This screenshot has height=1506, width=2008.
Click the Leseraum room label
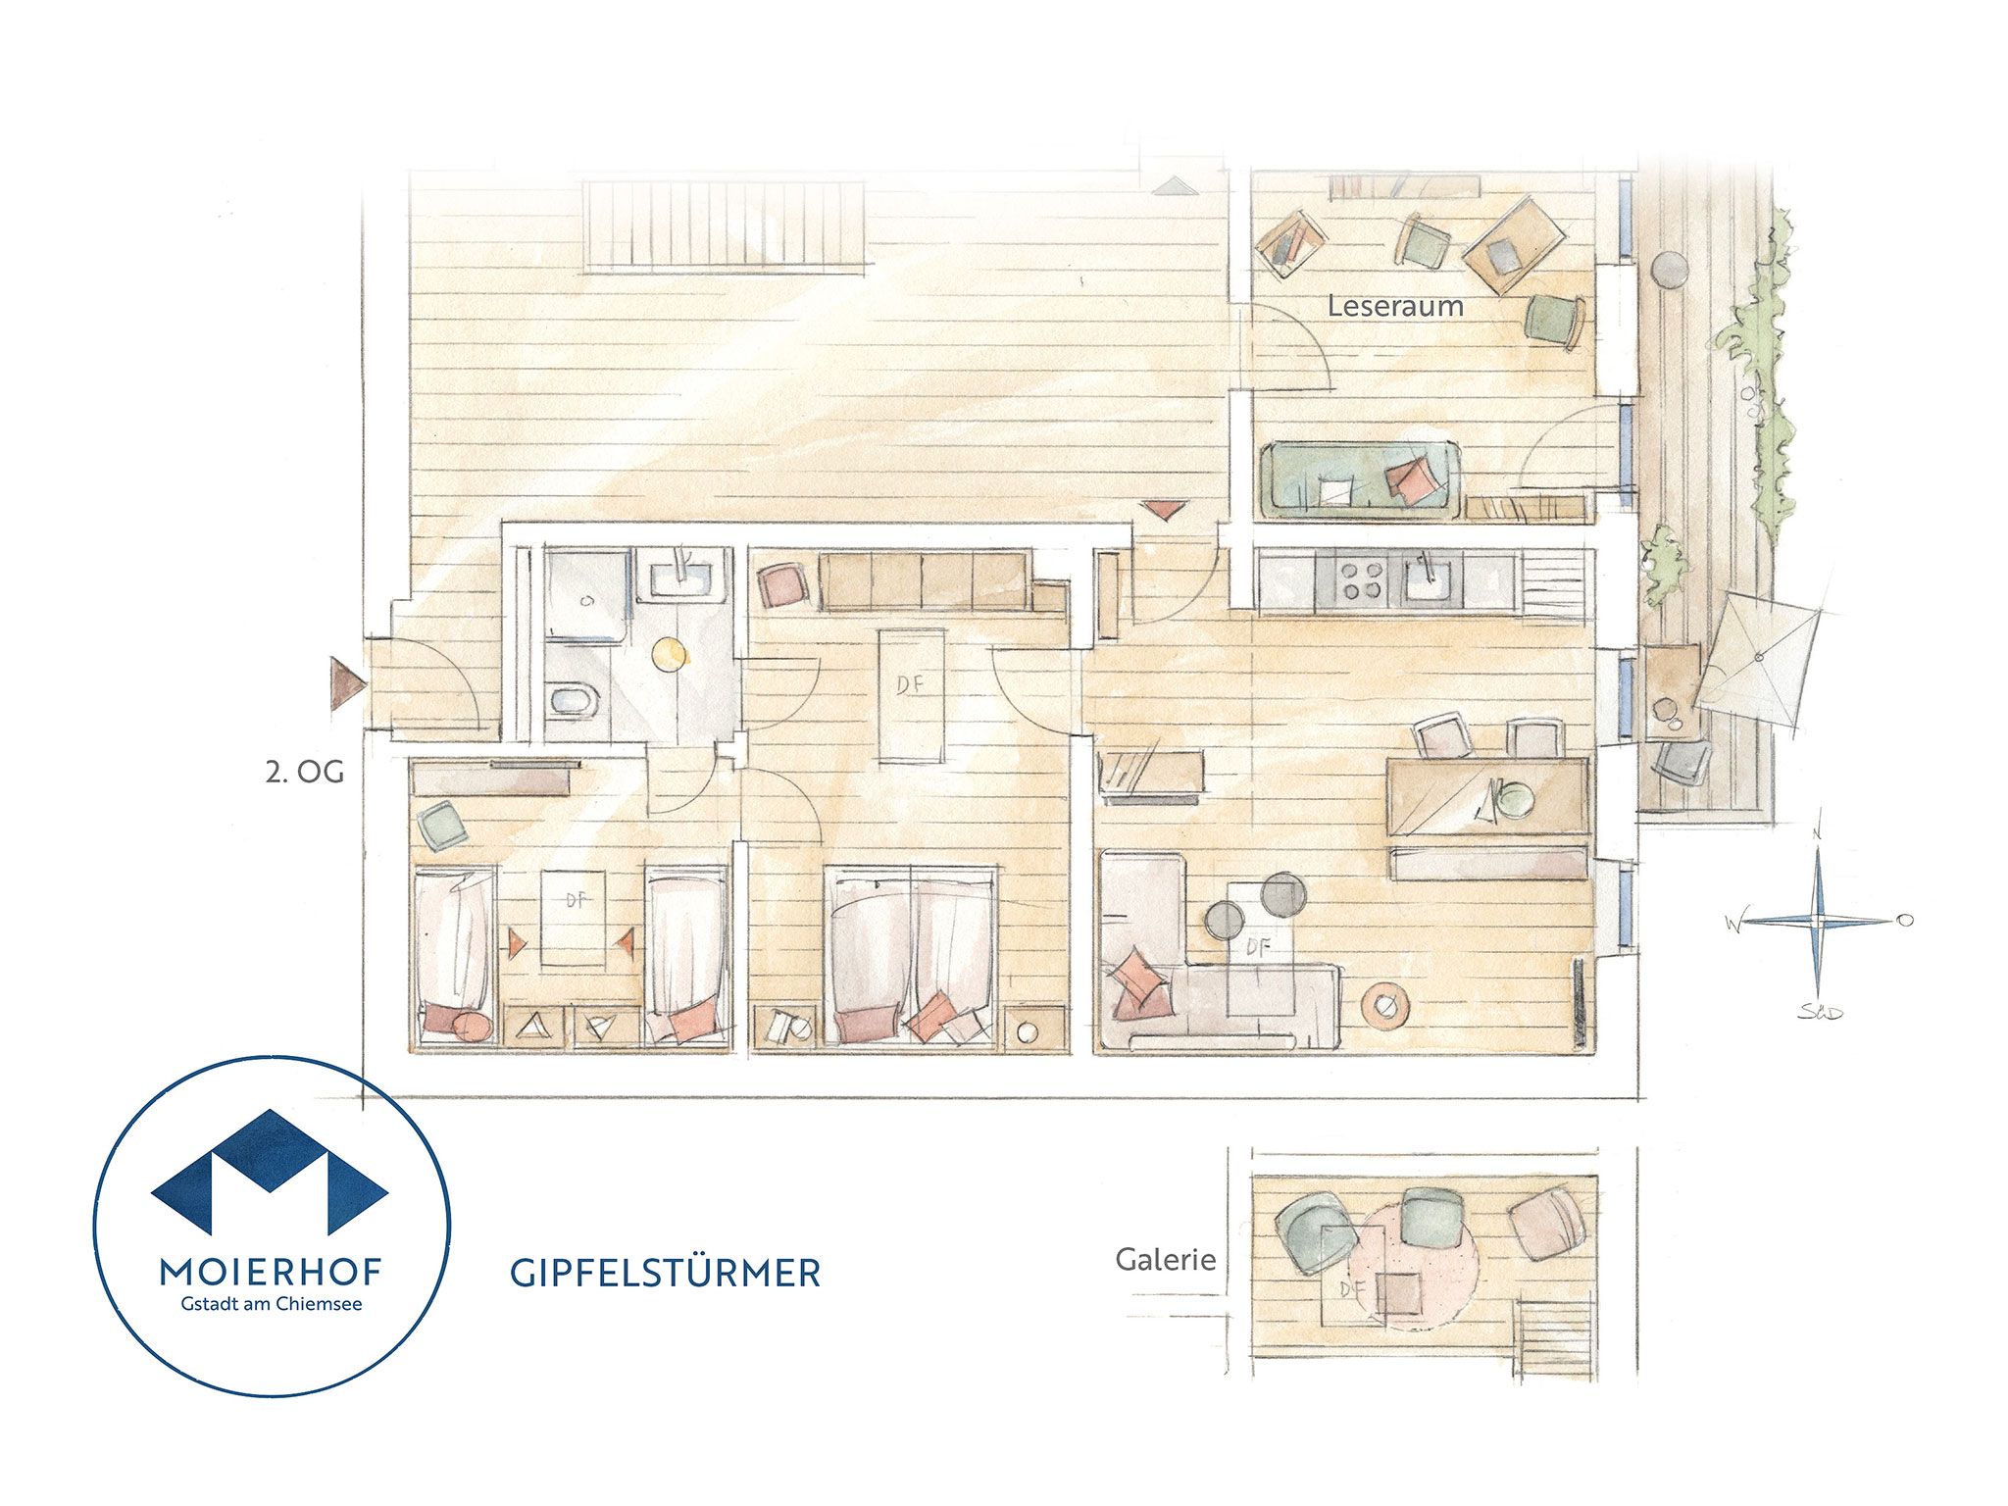pos(1395,306)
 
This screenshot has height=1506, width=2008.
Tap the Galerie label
pos(1165,1260)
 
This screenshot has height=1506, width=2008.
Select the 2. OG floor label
pos(305,773)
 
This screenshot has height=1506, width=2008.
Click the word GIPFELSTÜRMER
pos(665,1273)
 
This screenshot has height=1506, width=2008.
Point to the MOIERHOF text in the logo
pos(271,1273)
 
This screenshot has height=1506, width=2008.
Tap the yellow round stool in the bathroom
pos(670,654)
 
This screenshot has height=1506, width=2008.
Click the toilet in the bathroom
pos(574,701)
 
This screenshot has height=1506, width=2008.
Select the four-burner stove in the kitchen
pos(1359,578)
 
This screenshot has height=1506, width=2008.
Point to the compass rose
pos(1817,920)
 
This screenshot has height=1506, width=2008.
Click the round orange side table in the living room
pos(1385,1006)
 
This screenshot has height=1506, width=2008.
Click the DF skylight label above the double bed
pos(911,683)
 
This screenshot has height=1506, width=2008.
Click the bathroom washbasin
pos(681,577)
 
